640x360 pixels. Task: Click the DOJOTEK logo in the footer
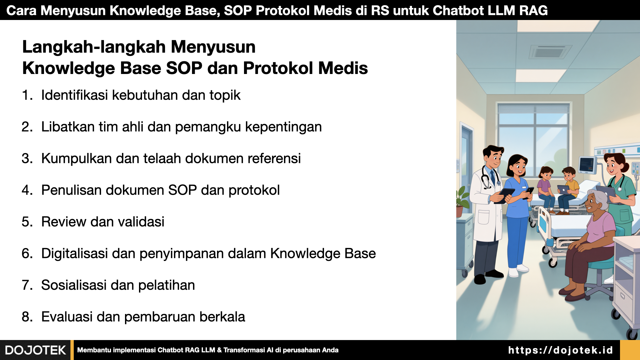point(35,350)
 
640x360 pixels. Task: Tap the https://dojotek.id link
point(560,350)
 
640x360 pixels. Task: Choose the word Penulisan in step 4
point(69,190)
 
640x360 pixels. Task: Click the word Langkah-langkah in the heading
point(94,47)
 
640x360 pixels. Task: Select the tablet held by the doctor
point(503,195)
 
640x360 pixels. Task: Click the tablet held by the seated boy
point(563,189)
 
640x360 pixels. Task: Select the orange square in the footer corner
point(630,350)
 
